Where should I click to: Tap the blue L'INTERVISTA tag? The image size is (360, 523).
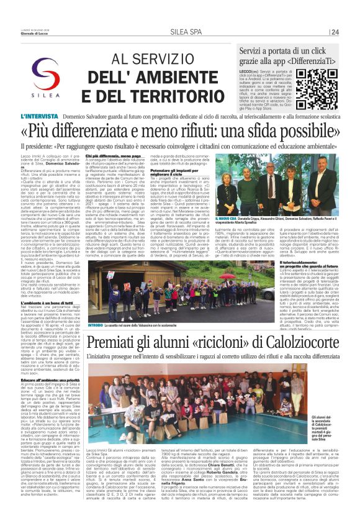58,116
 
